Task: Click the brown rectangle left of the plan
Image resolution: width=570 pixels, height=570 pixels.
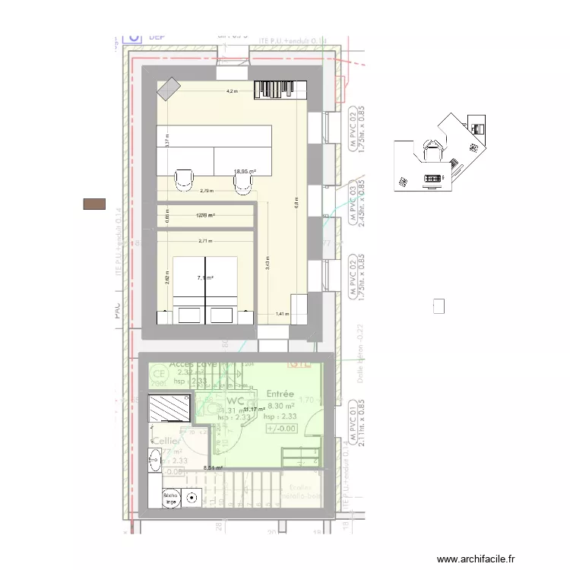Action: [94, 203]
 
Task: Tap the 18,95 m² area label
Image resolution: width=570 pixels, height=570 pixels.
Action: [245, 172]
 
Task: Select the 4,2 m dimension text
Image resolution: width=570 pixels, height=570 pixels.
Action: [231, 91]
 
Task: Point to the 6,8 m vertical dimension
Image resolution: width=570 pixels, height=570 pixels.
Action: [296, 201]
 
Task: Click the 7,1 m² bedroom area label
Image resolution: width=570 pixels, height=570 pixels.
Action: [204, 278]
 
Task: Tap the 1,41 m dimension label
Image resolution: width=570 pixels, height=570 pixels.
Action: [282, 314]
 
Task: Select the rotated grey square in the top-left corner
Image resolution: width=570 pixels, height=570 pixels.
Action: [166, 90]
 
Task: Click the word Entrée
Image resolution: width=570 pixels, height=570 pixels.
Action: [281, 394]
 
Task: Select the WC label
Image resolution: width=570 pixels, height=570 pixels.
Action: [235, 401]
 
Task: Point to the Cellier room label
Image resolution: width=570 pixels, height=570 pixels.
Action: [166, 441]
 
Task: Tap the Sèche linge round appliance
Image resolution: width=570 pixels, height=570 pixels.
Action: [192, 499]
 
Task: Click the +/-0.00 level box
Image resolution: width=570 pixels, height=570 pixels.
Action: [281, 428]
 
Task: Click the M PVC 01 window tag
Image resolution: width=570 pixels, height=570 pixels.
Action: [353, 416]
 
